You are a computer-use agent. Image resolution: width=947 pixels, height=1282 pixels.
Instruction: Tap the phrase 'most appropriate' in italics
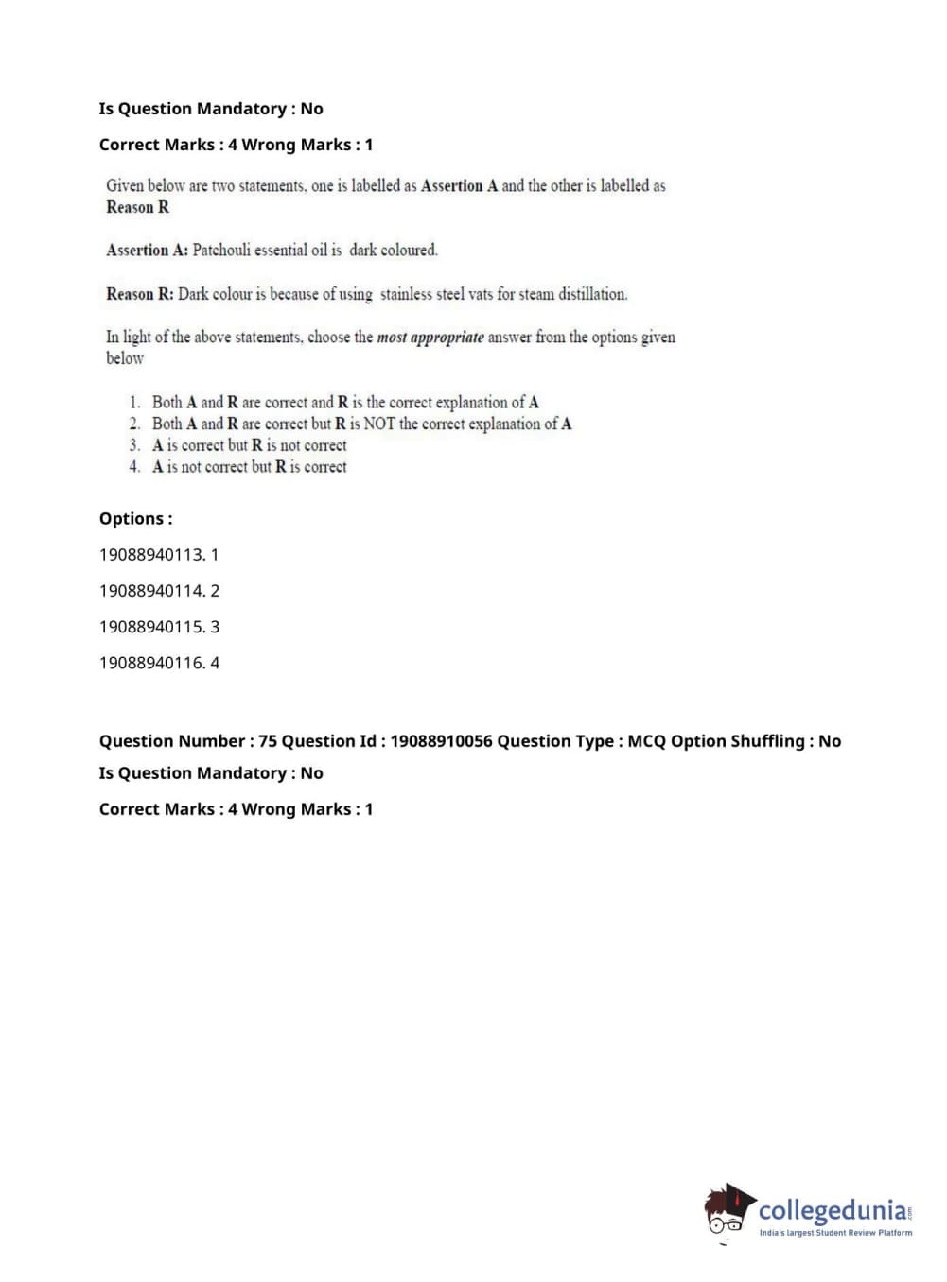coord(430,338)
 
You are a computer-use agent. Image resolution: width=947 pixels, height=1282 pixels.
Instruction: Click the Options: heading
coord(135,519)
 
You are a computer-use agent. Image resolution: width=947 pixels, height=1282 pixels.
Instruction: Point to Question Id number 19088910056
coord(441,741)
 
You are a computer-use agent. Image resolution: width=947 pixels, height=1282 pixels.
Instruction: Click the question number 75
coord(268,741)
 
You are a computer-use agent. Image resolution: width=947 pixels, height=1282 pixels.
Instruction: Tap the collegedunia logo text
coord(833,1210)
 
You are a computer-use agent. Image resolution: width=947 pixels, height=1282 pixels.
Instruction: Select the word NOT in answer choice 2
coord(379,424)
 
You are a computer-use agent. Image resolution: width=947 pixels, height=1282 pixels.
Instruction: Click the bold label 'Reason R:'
coord(140,294)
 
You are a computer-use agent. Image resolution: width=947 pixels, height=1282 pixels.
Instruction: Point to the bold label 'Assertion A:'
coord(147,251)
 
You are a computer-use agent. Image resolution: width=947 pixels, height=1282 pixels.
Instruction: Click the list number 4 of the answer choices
coord(134,467)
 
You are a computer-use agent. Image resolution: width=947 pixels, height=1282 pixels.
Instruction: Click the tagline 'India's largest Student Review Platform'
coord(835,1233)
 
